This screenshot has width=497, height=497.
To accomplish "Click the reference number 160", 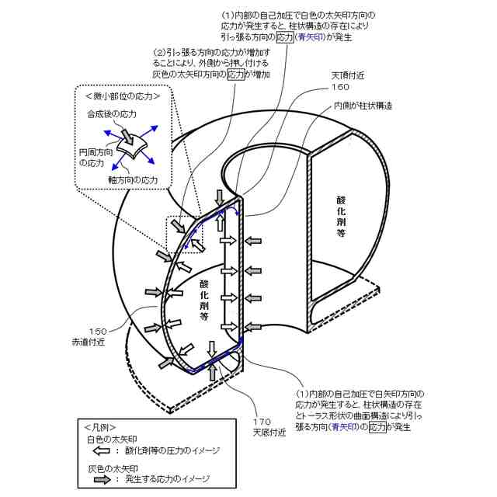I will [339, 87].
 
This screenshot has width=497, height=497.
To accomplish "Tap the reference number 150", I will [97, 331].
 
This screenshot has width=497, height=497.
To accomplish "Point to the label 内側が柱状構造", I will [363, 106].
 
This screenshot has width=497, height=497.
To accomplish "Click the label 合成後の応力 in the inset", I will [111, 113].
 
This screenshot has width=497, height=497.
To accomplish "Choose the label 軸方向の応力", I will [133, 180].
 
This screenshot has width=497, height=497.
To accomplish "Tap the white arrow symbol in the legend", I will [102, 450].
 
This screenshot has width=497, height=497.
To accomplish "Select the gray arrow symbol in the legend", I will [102, 479].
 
